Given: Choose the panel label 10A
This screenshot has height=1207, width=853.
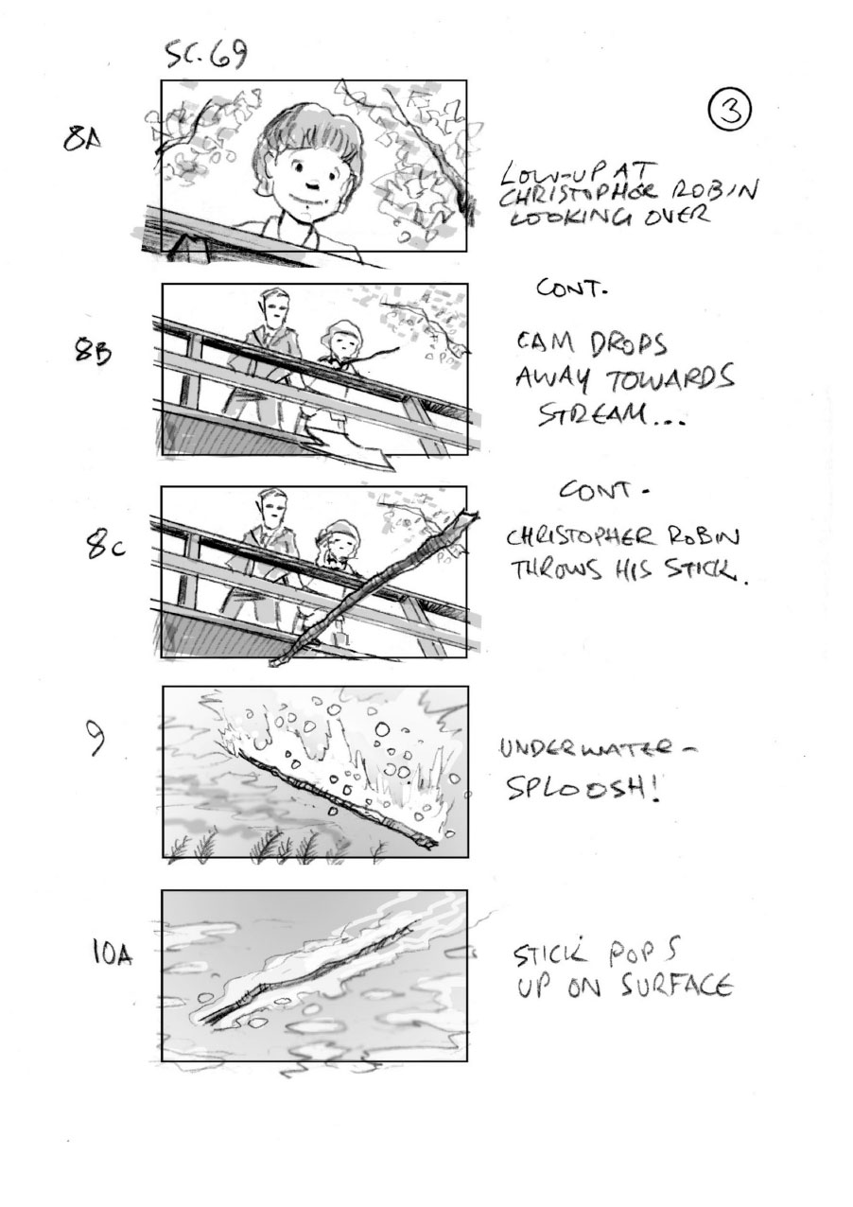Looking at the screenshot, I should (113, 953).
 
